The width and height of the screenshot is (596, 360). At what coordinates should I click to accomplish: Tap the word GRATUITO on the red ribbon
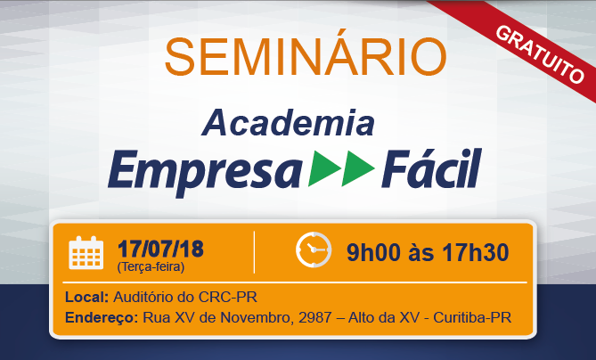click(x=540, y=54)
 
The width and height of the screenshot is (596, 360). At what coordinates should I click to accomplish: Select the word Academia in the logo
click(x=288, y=122)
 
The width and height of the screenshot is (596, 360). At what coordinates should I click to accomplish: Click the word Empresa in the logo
click(x=205, y=171)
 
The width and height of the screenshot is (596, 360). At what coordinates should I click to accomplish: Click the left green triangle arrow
click(x=324, y=168)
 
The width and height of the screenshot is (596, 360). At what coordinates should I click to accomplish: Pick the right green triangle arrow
click(x=358, y=168)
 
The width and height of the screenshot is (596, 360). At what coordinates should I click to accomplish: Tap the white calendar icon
click(x=86, y=253)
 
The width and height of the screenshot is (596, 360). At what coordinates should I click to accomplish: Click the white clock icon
click(x=314, y=250)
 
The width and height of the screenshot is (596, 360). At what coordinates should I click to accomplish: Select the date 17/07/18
click(x=160, y=249)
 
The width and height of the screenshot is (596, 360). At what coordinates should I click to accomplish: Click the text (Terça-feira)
click(x=151, y=266)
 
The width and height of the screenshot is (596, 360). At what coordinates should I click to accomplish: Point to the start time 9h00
click(x=373, y=252)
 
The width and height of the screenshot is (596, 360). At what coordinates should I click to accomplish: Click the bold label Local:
click(x=87, y=297)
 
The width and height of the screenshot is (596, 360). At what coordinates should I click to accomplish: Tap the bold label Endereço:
click(x=102, y=317)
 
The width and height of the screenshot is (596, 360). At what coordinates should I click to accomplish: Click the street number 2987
click(x=315, y=317)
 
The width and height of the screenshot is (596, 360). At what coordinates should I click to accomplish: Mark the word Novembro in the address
click(x=257, y=317)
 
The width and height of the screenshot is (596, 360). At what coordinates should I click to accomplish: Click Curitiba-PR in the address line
click(x=472, y=317)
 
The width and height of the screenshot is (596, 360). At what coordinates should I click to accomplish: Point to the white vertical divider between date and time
click(x=254, y=252)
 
